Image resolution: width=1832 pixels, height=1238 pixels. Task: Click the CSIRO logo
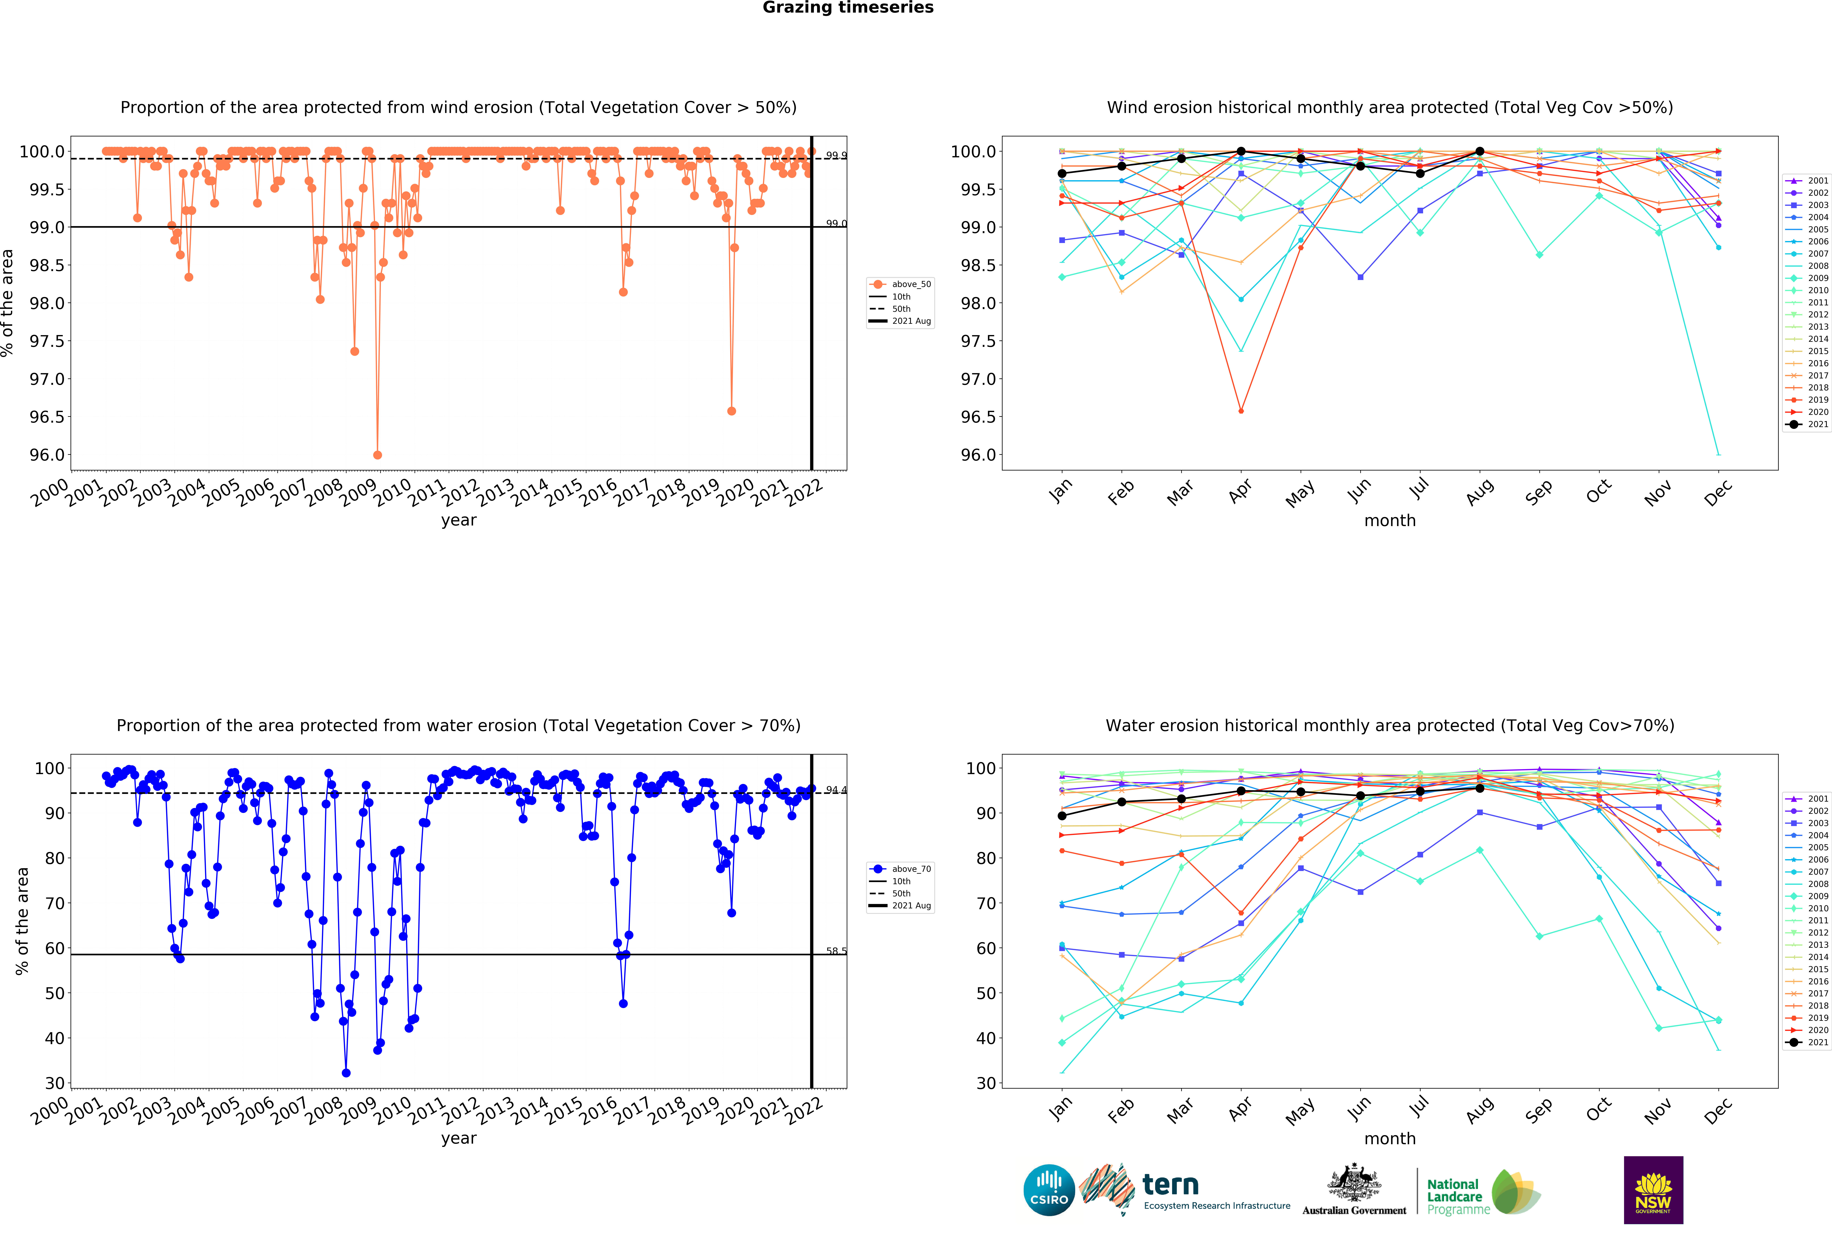pyautogui.click(x=1048, y=1190)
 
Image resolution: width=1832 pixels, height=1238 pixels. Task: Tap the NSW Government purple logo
pyautogui.click(x=1653, y=1190)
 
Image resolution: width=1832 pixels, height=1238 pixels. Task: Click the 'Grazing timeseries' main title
pyautogui.click(x=847, y=8)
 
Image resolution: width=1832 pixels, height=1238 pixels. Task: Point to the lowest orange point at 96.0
pyautogui.click(x=378, y=455)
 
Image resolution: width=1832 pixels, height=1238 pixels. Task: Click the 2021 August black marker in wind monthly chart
pyautogui.click(x=1480, y=151)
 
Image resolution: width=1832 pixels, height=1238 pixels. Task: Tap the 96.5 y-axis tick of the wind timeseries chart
pyautogui.click(x=47, y=417)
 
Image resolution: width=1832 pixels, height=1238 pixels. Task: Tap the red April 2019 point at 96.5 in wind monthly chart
pyautogui.click(x=1241, y=411)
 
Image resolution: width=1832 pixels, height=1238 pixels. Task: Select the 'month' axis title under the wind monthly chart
pyautogui.click(x=1390, y=521)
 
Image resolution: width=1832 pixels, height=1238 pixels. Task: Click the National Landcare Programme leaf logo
pyautogui.click(x=1515, y=1191)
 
